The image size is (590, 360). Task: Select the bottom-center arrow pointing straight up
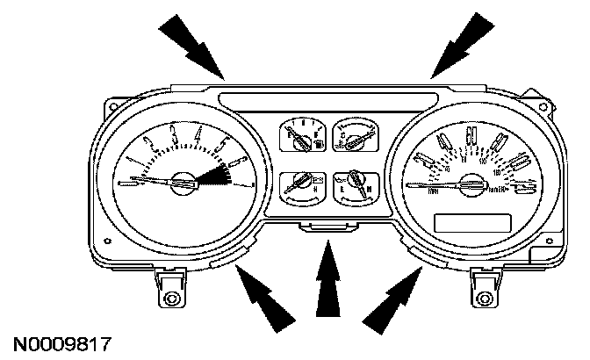328,279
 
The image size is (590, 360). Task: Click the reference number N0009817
61,340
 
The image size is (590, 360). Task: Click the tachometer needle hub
183,182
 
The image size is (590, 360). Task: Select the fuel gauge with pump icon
299,136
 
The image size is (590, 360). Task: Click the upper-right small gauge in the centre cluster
355,135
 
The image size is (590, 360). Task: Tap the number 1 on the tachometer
131,159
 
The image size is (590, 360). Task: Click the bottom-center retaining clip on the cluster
327,228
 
